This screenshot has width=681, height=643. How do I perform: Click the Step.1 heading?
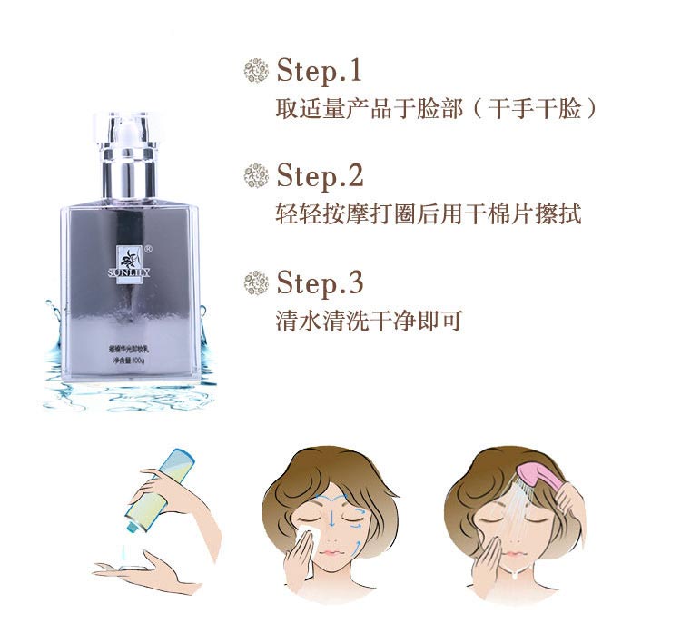coord(319,70)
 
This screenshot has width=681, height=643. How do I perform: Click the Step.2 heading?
coord(319,174)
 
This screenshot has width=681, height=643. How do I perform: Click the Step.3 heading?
coord(319,282)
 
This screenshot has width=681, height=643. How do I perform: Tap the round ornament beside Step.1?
coord(257,70)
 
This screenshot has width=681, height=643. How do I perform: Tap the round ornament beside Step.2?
coord(257,174)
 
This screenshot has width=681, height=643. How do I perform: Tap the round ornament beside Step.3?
coord(257,282)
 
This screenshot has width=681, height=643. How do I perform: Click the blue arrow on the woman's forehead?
coord(332,495)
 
